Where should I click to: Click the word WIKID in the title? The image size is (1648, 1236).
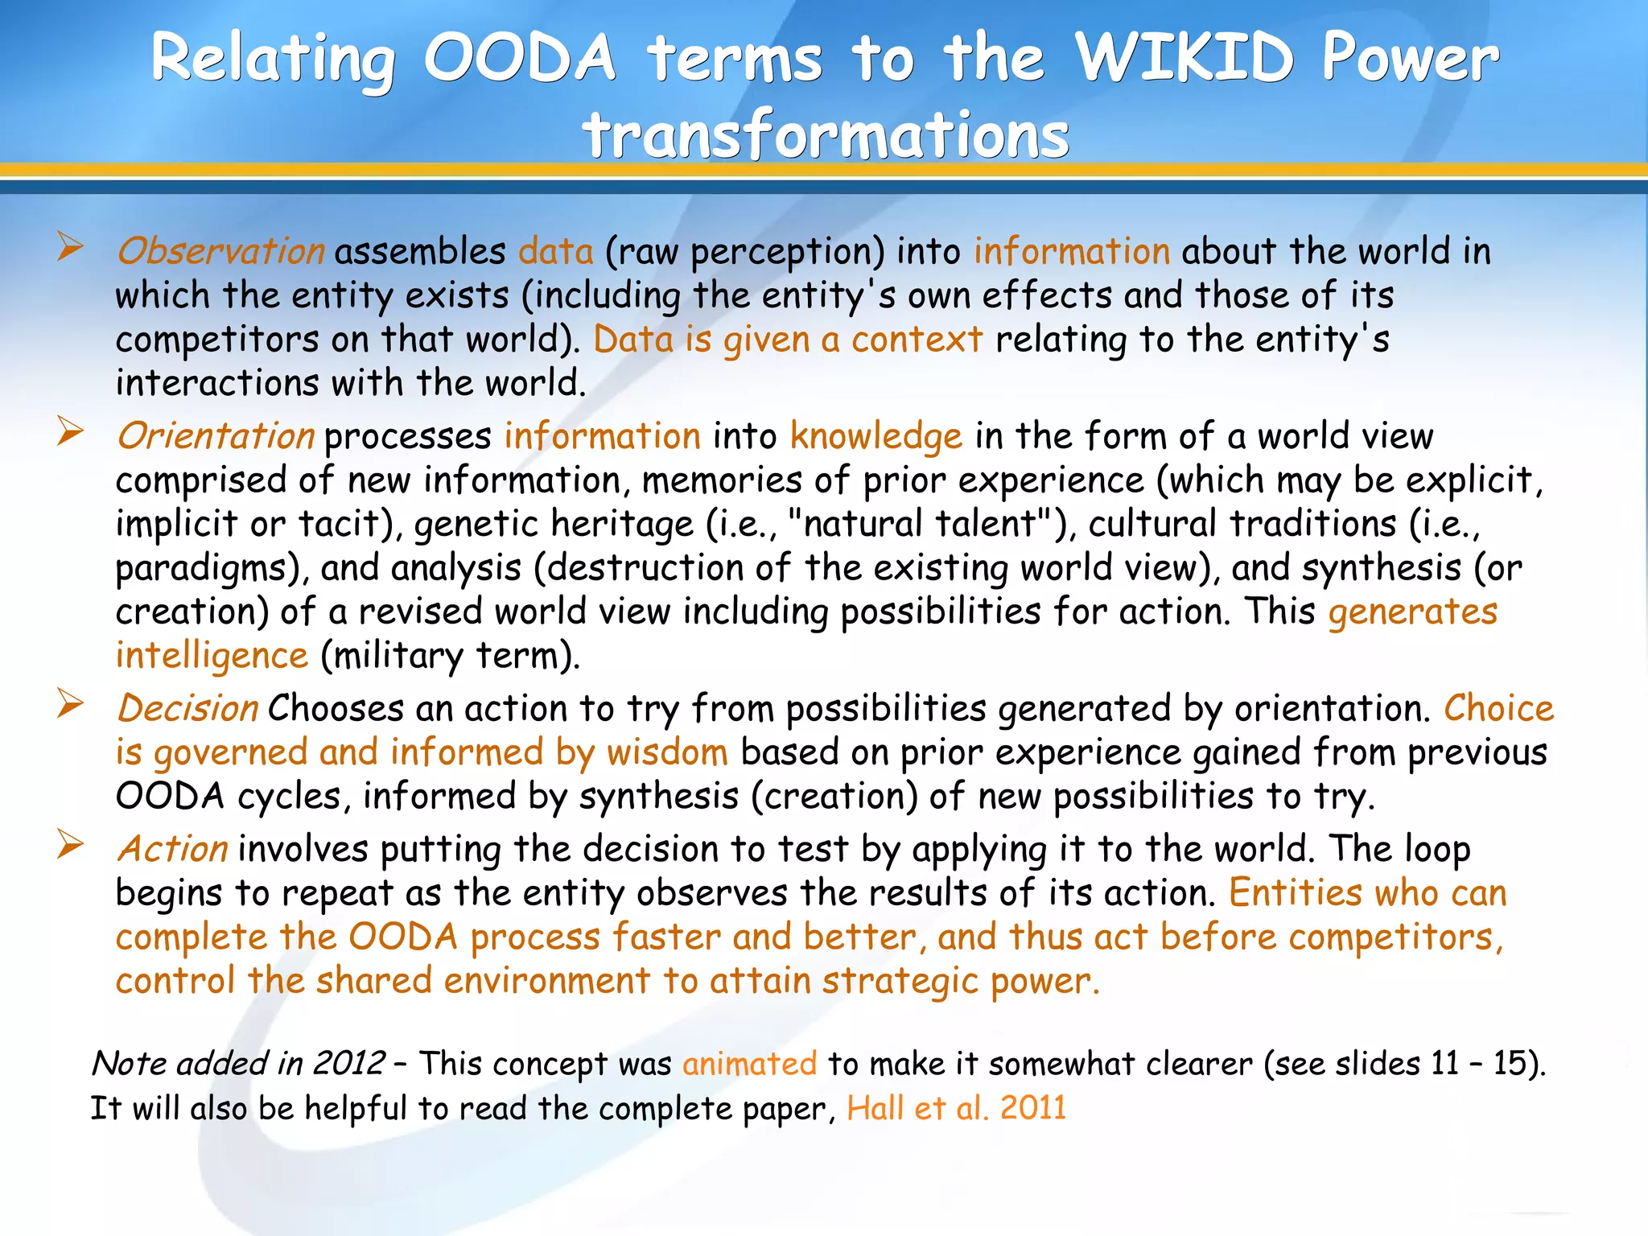pos(1184,58)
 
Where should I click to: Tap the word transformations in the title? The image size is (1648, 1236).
pos(826,134)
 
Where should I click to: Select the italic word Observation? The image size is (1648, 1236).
pos(220,251)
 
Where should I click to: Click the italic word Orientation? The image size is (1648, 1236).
pos(216,436)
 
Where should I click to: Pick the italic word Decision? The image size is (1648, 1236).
pos(187,708)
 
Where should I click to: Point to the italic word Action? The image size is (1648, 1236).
pos(172,849)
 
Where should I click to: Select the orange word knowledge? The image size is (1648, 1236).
pos(875,436)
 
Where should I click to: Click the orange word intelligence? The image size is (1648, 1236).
pos(212,655)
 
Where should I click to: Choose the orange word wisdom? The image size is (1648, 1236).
pos(667,752)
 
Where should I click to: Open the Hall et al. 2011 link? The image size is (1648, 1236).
pos(956,1108)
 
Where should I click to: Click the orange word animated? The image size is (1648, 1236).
pos(749,1064)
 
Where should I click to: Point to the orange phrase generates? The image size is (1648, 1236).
pos(1412,612)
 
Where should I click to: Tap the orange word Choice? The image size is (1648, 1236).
pos(1498,708)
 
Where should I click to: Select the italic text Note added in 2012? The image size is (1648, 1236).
pos(238,1063)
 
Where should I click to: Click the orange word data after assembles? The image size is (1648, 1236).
pos(555,251)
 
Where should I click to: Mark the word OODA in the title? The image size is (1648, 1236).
pos(520,58)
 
